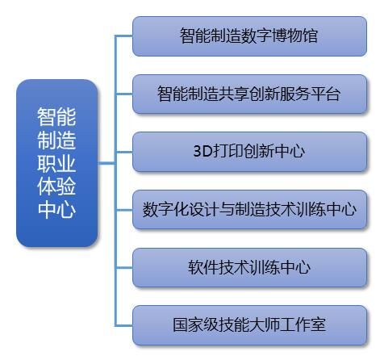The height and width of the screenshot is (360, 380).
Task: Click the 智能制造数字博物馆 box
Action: pyautogui.click(x=249, y=36)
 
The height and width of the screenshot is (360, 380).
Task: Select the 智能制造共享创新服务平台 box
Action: pyautogui.click(x=249, y=94)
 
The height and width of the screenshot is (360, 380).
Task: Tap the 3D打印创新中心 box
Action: pyautogui.click(x=249, y=152)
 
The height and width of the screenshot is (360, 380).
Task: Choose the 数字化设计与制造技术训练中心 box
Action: pyautogui.click(x=249, y=210)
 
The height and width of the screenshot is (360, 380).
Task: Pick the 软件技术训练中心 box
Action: pyautogui.click(x=249, y=267)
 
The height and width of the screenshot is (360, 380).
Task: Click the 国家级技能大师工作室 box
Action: pyautogui.click(x=249, y=325)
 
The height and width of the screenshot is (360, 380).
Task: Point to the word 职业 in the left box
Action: pyautogui.click(x=56, y=163)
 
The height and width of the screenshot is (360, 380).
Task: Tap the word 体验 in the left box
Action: pyautogui.click(x=56, y=186)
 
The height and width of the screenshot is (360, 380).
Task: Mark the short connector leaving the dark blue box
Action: pyautogui.click(x=106, y=163)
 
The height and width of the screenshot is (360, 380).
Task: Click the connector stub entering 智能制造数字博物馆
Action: pyautogui.click(x=124, y=36)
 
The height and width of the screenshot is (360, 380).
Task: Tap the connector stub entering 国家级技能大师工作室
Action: pyautogui.click(x=124, y=325)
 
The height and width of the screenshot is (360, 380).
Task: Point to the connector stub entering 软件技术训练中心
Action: pyautogui.click(x=124, y=267)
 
